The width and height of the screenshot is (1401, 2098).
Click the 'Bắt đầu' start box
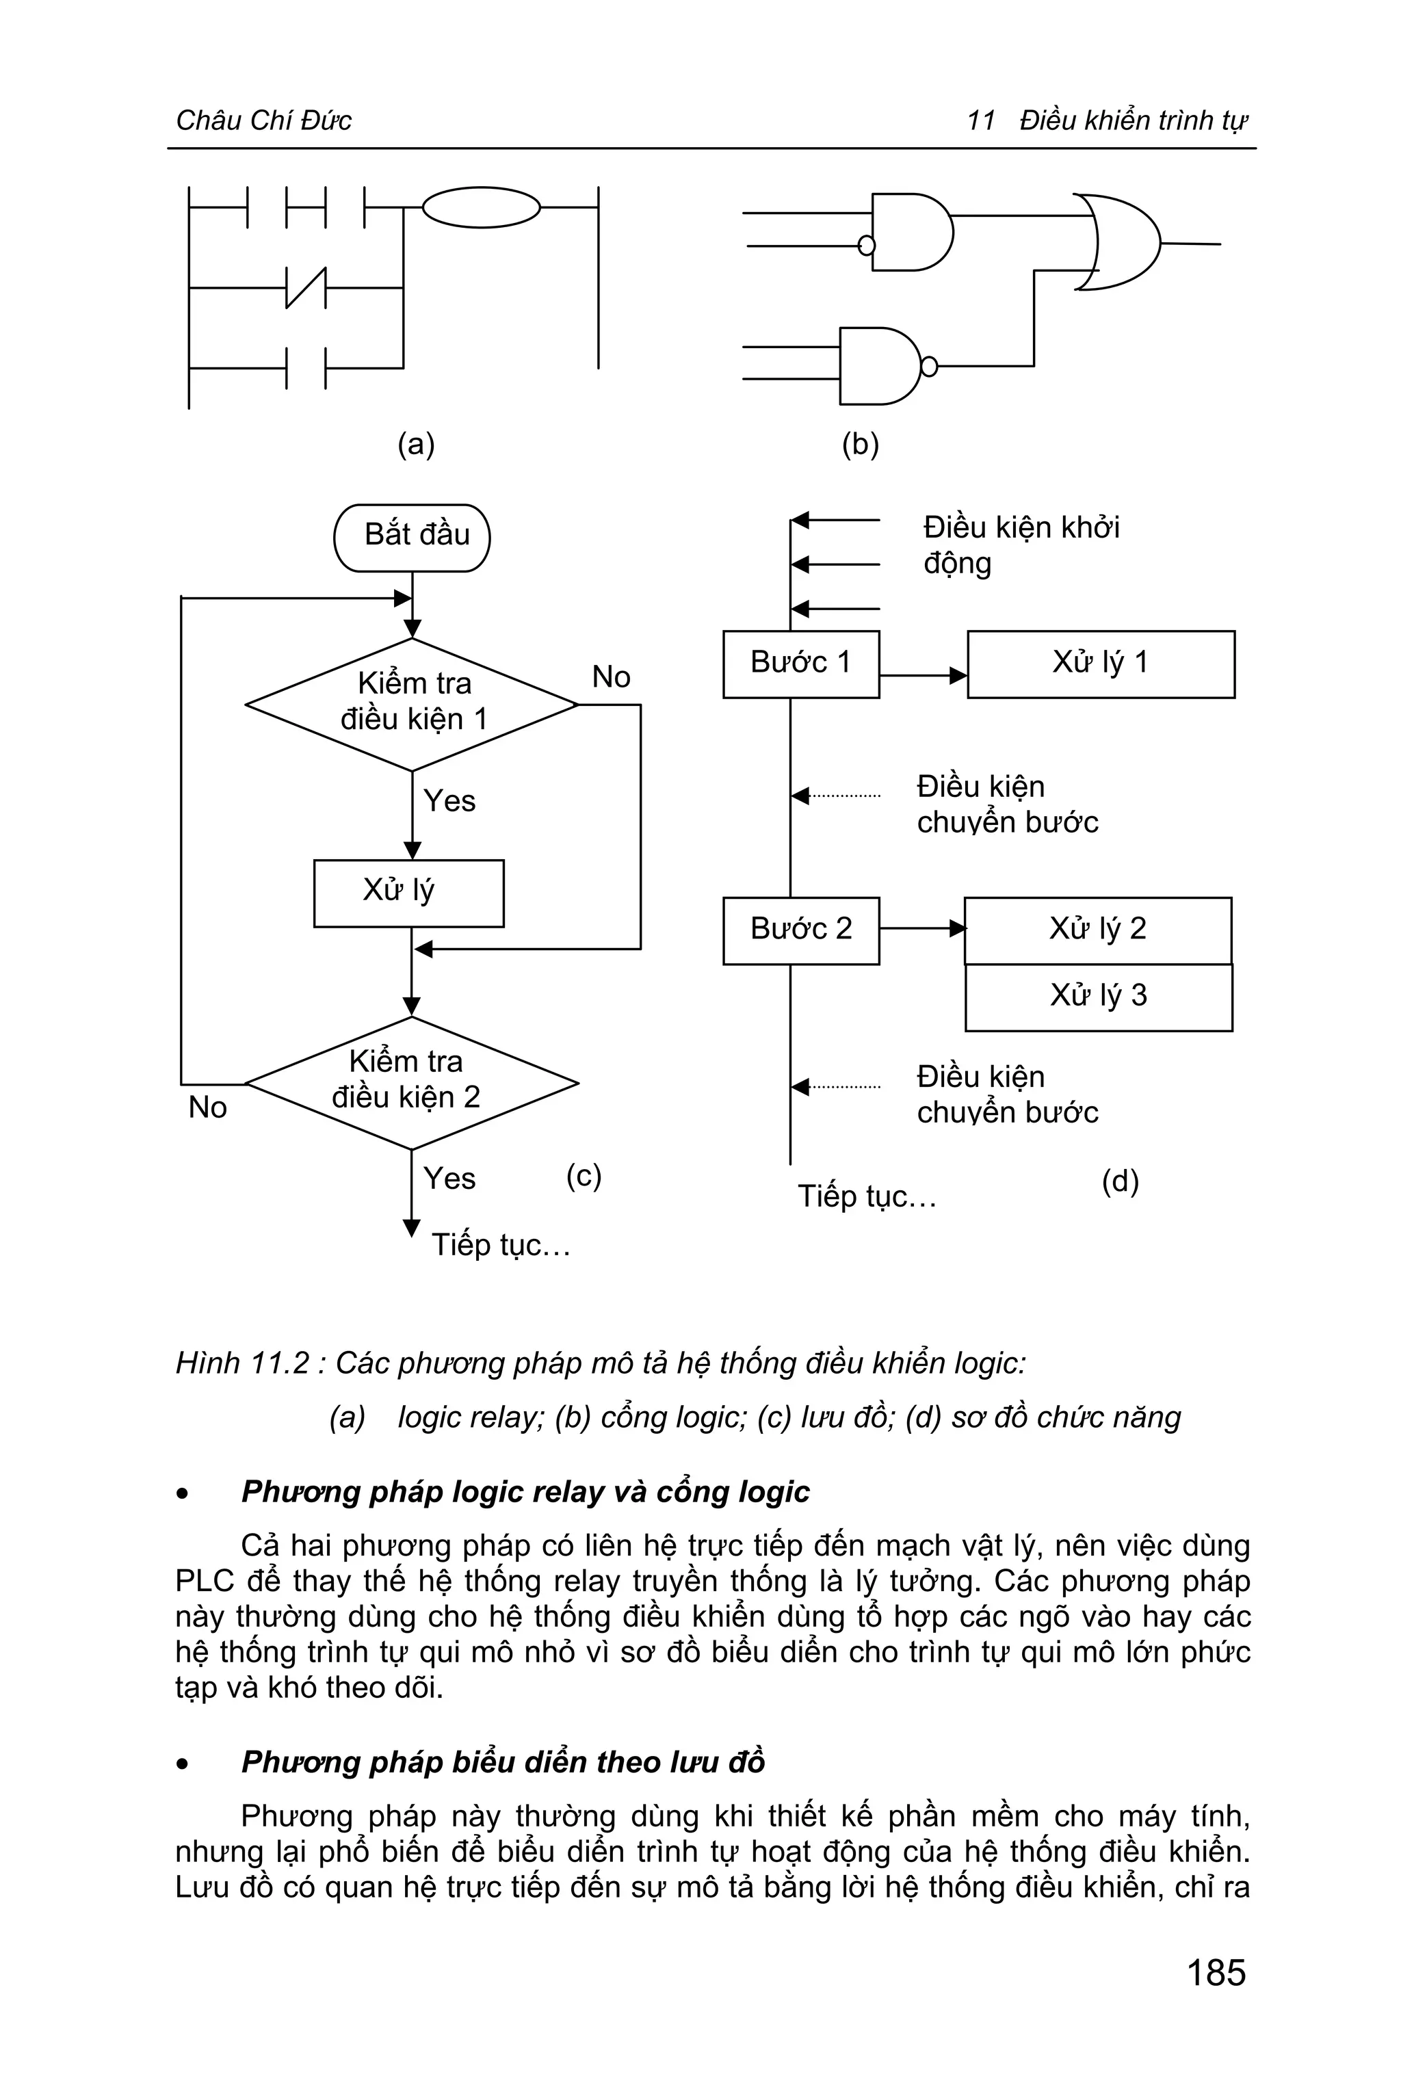point(412,537)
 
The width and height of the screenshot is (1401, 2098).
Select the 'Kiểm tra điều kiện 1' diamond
point(412,703)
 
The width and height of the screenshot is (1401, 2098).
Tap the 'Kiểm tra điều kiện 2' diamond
point(412,1082)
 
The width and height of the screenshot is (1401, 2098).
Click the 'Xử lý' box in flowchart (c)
point(408,893)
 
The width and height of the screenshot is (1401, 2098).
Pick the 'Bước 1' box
point(800,664)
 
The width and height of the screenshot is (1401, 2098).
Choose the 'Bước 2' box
point(800,930)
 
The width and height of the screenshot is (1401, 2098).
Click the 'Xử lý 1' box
point(1100,664)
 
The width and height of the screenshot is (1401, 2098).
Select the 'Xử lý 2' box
point(1097,930)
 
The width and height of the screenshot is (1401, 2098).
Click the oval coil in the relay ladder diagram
point(481,207)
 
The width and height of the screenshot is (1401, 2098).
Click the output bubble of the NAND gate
point(929,367)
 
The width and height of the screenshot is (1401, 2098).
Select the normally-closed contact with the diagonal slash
point(306,288)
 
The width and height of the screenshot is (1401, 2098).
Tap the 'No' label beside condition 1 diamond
point(611,677)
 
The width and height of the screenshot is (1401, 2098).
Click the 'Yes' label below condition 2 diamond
point(449,1179)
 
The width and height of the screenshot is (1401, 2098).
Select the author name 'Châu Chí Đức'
point(263,120)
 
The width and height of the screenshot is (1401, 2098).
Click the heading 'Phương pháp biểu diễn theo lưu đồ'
point(503,1761)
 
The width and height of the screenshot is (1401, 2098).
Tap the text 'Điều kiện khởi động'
point(1021,545)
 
